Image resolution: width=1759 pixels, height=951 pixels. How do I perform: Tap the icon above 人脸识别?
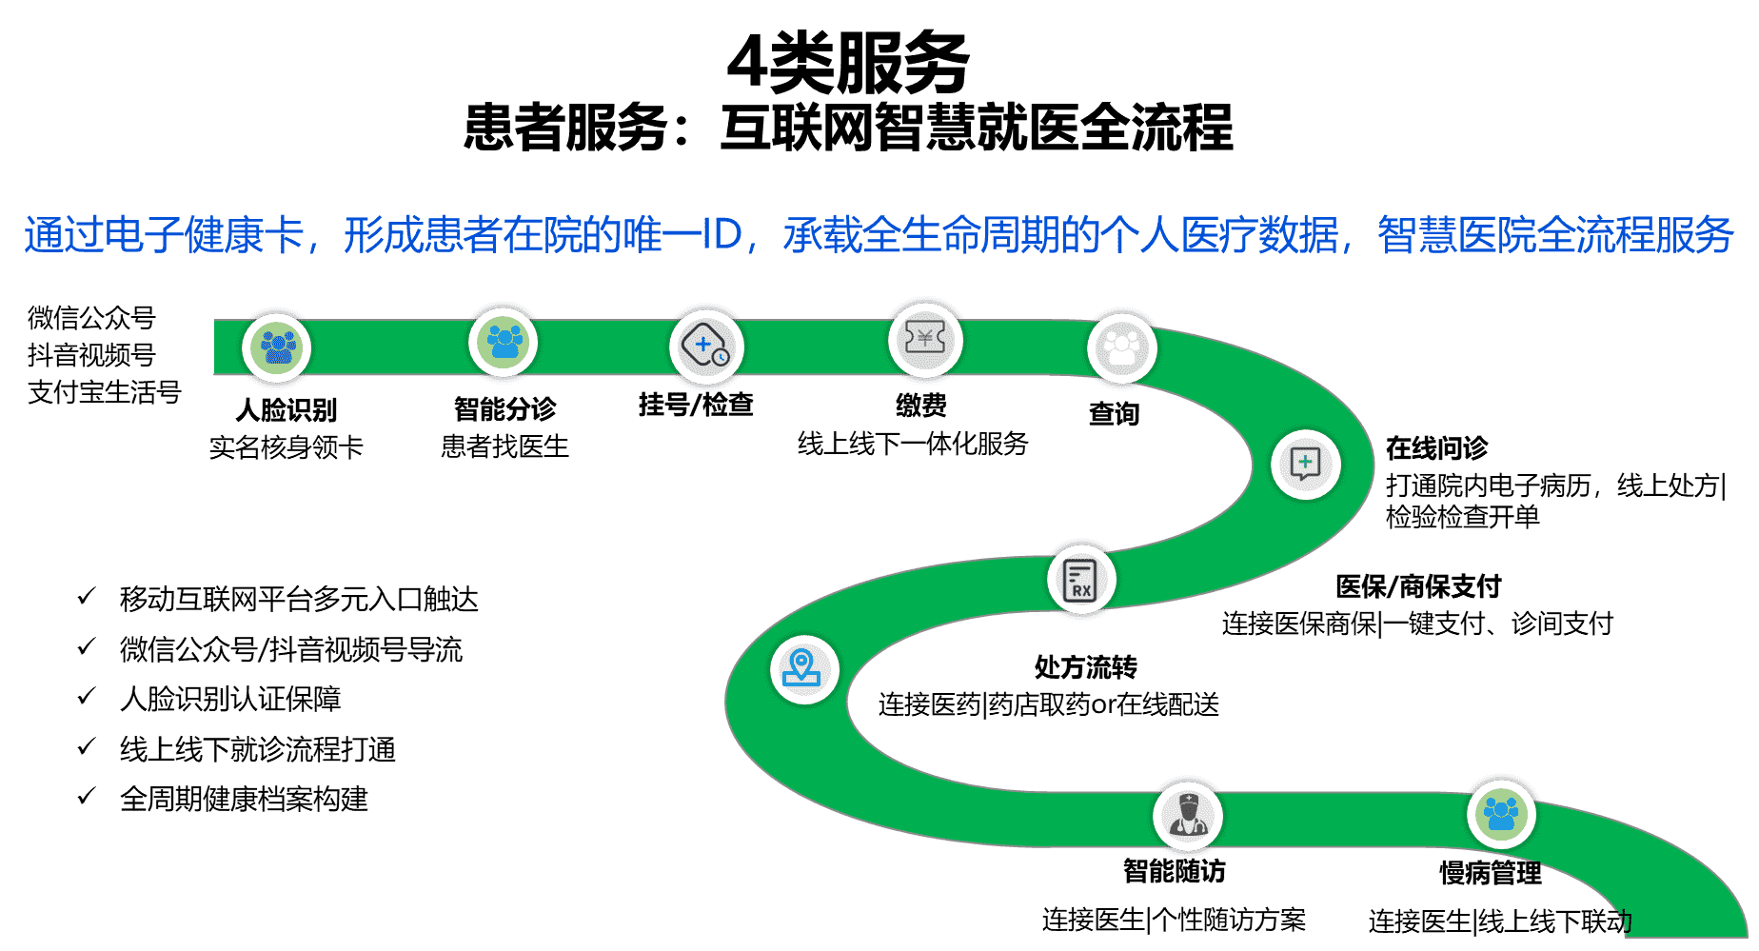click(x=277, y=347)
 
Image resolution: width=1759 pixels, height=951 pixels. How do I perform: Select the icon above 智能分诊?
click(x=504, y=341)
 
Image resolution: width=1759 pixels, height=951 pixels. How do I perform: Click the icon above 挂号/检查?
click(x=706, y=347)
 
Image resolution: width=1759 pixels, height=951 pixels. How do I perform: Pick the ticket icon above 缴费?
click(x=925, y=339)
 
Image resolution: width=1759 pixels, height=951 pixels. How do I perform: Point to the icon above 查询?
click(x=1122, y=348)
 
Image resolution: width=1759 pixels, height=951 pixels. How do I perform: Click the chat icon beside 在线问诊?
click(x=1305, y=465)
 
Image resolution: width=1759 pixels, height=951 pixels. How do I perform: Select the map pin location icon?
click(x=803, y=668)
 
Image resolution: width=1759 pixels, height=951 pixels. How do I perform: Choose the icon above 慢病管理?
click(x=1501, y=814)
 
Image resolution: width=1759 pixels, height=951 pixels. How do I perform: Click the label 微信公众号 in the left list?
click(x=91, y=318)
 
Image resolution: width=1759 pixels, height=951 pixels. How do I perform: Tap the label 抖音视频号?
click(x=91, y=355)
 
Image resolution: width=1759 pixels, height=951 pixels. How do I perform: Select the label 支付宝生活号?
click(x=104, y=391)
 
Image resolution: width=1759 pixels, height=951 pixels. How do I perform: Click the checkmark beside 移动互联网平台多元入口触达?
click(x=87, y=597)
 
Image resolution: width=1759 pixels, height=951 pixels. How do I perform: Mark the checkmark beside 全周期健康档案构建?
click(x=87, y=796)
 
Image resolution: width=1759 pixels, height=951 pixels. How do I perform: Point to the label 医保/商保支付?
click(x=1417, y=586)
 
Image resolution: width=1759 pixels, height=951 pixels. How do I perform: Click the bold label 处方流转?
click(x=1086, y=667)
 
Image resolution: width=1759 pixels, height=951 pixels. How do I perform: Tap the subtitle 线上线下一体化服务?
click(x=913, y=444)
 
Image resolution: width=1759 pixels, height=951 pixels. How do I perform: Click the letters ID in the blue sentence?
click(x=721, y=235)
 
